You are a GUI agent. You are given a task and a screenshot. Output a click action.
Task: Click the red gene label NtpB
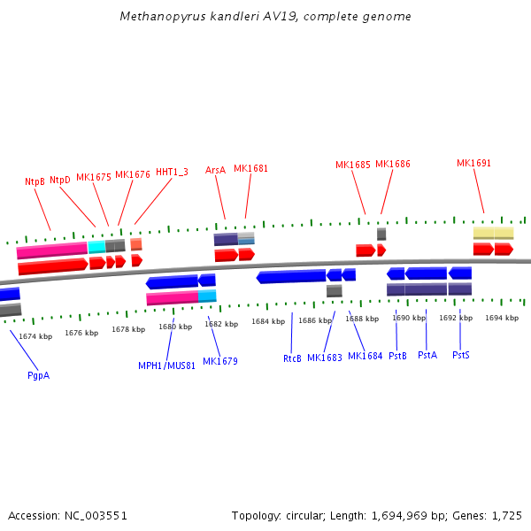point(35,181)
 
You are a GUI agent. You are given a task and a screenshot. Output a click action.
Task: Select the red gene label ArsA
point(215,169)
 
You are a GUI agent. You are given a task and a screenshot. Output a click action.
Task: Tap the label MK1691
point(473,163)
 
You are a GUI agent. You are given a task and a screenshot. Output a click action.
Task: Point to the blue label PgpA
point(38,375)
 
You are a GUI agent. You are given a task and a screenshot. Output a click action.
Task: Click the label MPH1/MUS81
point(166,366)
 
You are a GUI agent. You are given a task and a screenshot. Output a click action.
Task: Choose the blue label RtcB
point(292,358)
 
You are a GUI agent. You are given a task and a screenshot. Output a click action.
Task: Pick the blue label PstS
point(460,355)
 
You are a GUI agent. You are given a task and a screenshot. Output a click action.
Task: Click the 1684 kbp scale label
point(267,321)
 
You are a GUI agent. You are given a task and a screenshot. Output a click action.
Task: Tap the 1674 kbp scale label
point(35,336)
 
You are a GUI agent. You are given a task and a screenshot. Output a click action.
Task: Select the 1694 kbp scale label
point(502,318)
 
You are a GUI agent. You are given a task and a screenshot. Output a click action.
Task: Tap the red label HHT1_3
point(172,172)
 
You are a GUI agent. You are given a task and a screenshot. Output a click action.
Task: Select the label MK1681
point(250,168)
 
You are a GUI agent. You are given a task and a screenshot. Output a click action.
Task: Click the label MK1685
point(353,165)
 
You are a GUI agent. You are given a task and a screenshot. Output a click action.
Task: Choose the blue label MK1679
point(219,361)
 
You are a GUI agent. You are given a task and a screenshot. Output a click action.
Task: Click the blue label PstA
point(427,355)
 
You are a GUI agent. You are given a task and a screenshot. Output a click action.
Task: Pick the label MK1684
point(365,356)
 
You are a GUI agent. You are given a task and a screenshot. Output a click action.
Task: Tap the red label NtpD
point(60,180)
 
